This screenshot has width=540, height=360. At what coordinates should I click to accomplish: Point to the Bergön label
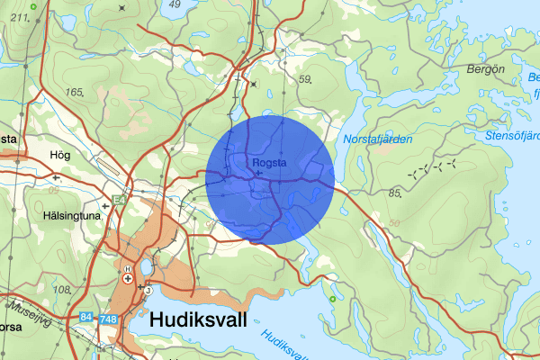(487, 68)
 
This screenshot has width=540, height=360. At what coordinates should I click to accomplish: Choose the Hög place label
(61, 156)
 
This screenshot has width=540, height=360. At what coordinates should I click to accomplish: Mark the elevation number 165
(74, 92)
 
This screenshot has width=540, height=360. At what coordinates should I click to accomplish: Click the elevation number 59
(304, 80)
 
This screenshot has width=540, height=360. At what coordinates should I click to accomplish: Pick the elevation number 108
(62, 290)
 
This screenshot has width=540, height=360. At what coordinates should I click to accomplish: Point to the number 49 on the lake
(175, 4)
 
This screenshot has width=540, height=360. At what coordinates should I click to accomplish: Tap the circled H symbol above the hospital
(128, 269)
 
